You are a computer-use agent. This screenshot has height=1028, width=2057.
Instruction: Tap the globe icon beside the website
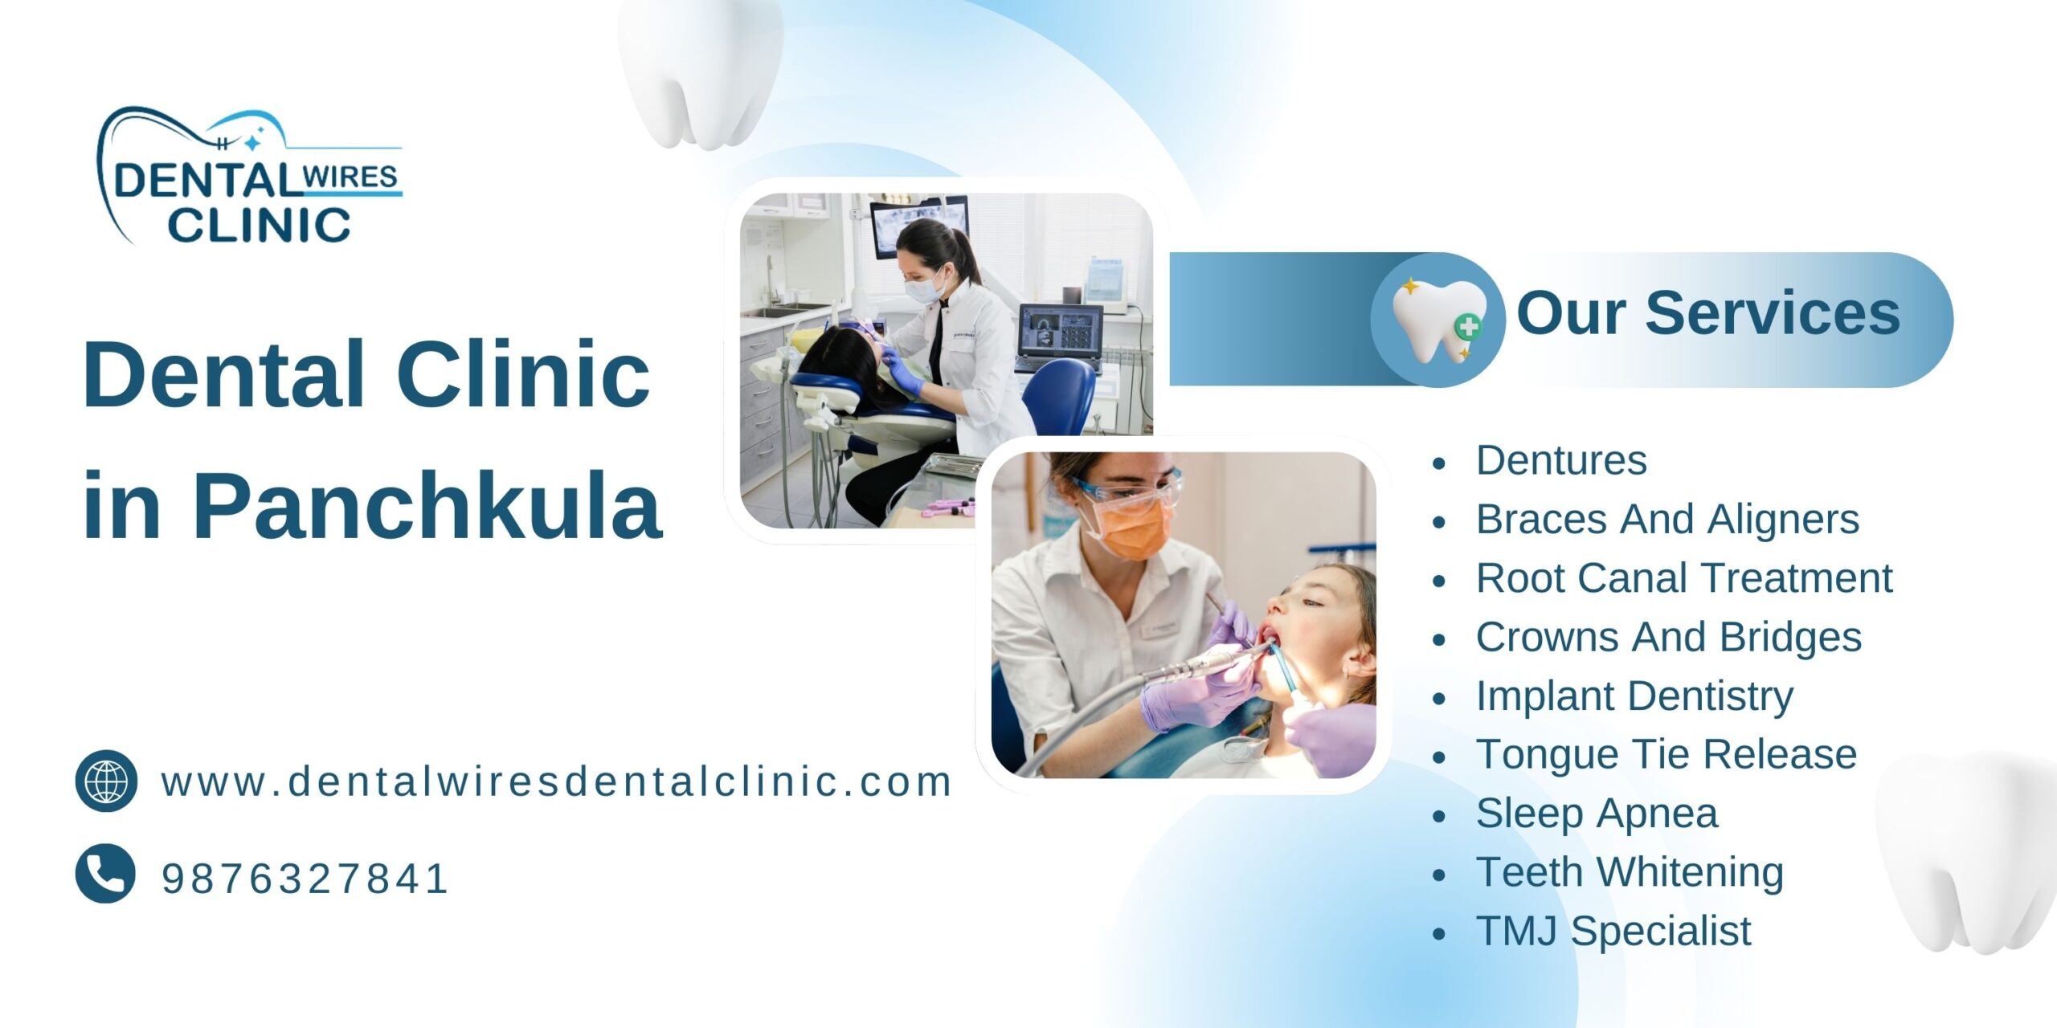[x=106, y=781]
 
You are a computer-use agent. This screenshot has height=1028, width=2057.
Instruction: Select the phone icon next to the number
[x=105, y=874]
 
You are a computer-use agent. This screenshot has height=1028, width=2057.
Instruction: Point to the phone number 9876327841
[x=305, y=879]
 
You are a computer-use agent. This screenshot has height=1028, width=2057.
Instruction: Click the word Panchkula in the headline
[x=427, y=506]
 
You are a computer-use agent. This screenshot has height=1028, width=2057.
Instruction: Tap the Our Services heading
[x=1707, y=313]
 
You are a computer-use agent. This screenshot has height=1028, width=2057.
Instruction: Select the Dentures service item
[x=1561, y=461]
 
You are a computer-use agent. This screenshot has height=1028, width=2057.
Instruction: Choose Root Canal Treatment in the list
[x=1683, y=578]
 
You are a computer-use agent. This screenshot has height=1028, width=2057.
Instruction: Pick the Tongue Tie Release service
[x=1666, y=755]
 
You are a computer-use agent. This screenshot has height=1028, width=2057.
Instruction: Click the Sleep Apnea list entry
[x=1597, y=814]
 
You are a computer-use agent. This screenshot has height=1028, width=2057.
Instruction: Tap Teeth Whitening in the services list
[x=1630, y=872]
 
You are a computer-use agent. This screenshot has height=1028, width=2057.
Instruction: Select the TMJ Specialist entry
[x=1613, y=932]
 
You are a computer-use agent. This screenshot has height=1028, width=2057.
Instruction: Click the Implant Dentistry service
[x=1634, y=696]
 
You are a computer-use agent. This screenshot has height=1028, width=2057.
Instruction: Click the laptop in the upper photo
[x=1059, y=336]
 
